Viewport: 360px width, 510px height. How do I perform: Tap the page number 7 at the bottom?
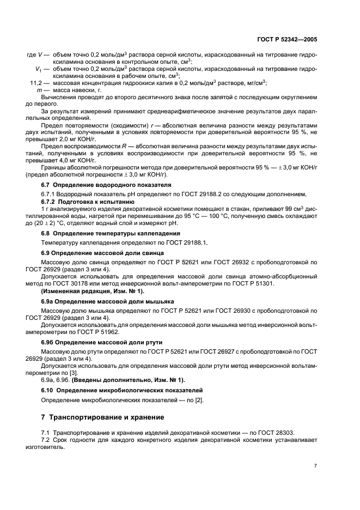tap(315, 466)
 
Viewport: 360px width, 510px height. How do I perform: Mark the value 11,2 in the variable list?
tap(35, 82)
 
